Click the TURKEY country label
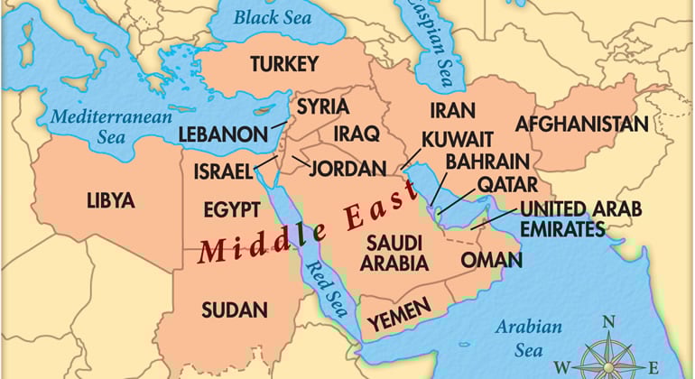[x=284, y=64]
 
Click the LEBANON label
[x=222, y=134]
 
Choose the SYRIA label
[x=322, y=106]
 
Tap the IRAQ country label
[x=355, y=133]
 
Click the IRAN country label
[x=451, y=110]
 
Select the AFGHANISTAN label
[x=581, y=124]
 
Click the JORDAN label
[x=349, y=168]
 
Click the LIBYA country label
[x=110, y=200]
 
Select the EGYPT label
[x=231, y=210]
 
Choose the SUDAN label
[x=235, y=310]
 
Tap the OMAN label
[x=491, y=260]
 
